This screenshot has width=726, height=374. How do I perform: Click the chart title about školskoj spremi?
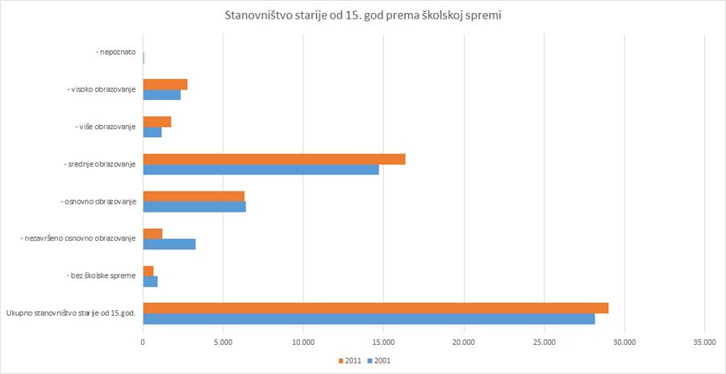(362, 15)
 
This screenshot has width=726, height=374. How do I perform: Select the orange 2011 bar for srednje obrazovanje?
(273, 159)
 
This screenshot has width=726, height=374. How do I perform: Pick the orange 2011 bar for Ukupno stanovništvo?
(375, 308)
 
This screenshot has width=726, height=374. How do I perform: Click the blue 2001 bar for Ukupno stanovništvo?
(369, 318)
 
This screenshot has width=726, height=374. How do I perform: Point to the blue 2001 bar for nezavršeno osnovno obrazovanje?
(169, 244)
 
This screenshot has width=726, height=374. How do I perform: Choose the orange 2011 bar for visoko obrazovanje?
(165, 85)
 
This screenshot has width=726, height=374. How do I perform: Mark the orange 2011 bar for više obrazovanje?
(156, 122)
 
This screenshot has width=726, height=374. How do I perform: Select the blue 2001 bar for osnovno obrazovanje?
(194, 207)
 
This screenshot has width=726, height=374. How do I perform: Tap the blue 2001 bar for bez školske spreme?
(150, 281)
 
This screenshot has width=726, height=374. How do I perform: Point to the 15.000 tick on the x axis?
(383, 342)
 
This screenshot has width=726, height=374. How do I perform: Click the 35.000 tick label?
(704, 342)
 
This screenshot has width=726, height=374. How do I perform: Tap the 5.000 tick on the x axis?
(223, 342)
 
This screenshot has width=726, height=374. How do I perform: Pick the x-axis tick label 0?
(143, 342)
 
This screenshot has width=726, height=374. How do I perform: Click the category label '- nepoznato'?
(115, 53)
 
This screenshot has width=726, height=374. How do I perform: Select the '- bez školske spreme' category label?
(102, 276)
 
